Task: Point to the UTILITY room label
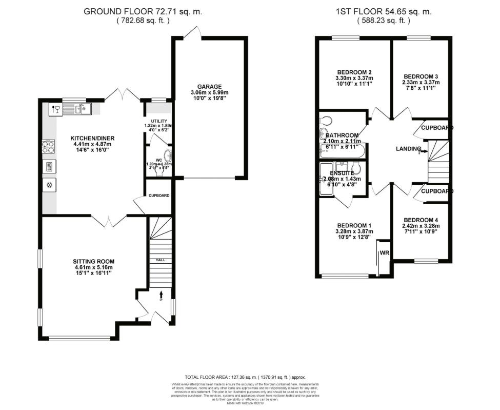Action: [x=159, y=121]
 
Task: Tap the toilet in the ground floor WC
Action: [x=168, y=157]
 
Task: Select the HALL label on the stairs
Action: [x=161, y=260]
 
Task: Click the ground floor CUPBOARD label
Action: [x=159, y=196]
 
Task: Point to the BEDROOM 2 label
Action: [x=354, y=72]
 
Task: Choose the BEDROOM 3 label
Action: [x=421, y=76]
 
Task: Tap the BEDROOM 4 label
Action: [x=421, y=220]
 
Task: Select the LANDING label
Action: [x=409, y=149]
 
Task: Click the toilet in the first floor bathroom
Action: [x=326, y=121]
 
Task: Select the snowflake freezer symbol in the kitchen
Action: [x=49, y=185]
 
